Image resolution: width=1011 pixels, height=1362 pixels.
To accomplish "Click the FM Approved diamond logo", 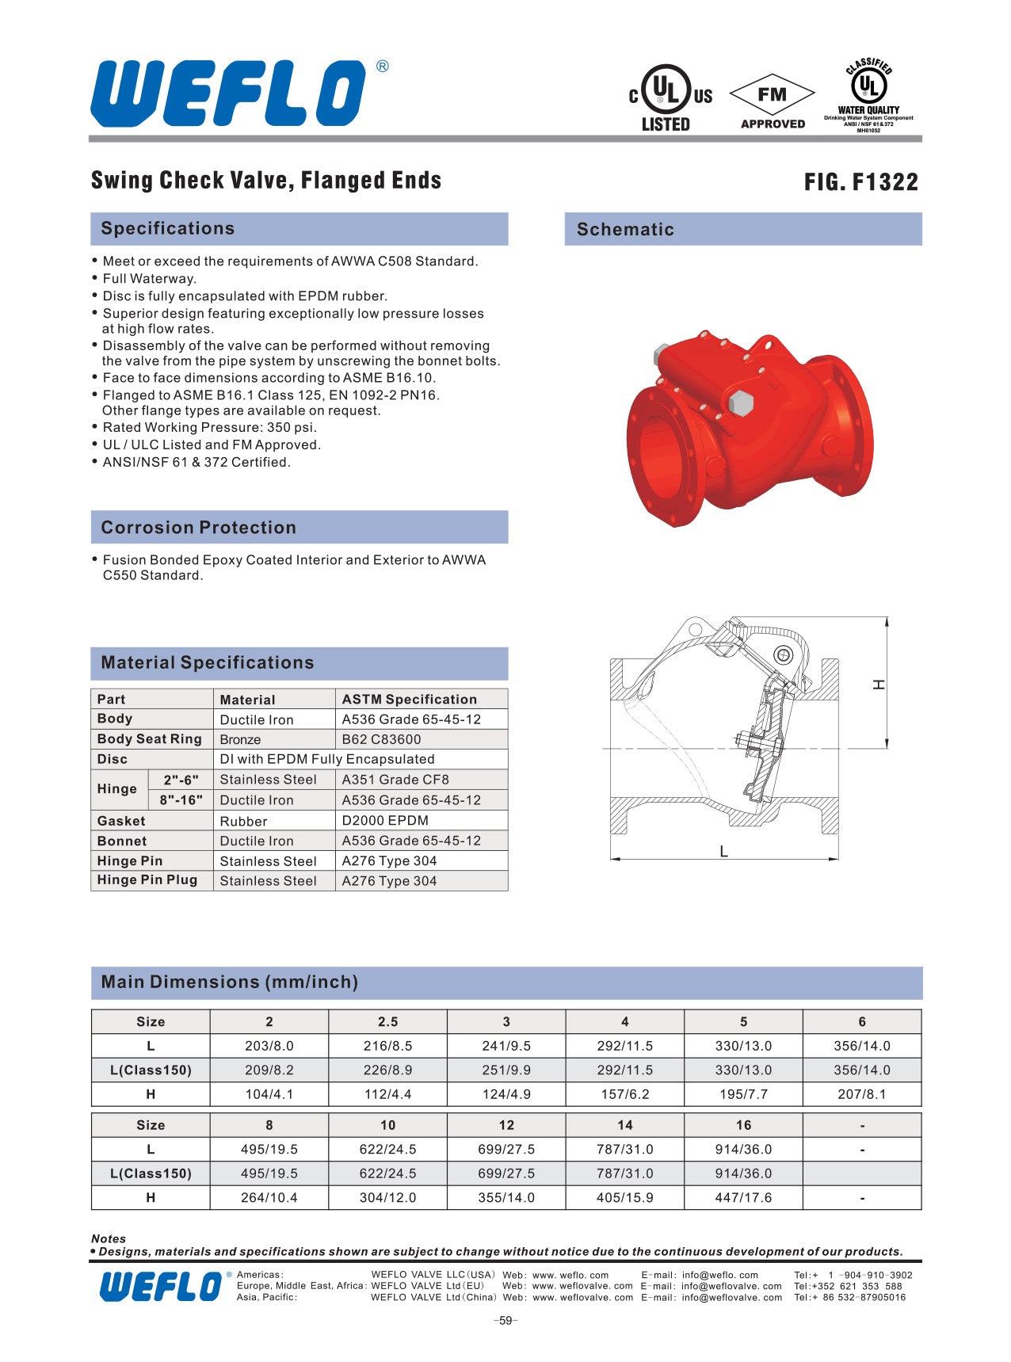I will (x=772, y=100).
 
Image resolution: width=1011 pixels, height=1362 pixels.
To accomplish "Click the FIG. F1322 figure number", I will (x=860, y=182).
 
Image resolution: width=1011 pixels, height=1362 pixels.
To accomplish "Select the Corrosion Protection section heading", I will (x=198, y=528).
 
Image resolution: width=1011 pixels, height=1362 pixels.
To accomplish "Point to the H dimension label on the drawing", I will (x=879, y=684).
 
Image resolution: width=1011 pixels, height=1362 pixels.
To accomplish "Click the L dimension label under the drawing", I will (x=723, y=852).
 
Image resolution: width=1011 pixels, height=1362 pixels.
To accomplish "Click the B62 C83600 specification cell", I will (x=382, y=739).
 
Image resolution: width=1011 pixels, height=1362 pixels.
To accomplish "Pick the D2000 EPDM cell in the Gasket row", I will (x=385, y=821).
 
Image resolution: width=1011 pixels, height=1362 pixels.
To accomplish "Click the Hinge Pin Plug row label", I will (x=147, y=880).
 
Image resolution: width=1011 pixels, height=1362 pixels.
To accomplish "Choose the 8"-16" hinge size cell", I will (x=181, y=800).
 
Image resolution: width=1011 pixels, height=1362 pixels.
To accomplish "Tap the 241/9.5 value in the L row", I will (x=506, y=1046).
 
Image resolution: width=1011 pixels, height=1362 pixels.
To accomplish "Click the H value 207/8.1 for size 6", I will (x=861, y=1094).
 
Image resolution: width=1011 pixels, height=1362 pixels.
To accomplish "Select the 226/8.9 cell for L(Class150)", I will (x=387, y=1070).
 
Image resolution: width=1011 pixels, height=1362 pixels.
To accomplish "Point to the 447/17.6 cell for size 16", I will (x=743, y=1198).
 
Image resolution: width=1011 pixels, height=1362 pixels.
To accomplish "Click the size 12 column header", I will (x=506, y=1125).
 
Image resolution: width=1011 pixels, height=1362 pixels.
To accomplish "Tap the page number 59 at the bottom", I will (x=506, y=1321).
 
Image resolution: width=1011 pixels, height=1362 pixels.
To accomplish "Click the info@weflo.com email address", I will (x=719, y=1275).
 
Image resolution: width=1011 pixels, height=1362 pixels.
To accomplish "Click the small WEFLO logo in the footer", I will (x=161, y=1286).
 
